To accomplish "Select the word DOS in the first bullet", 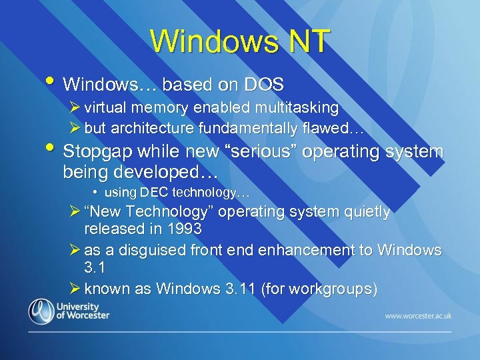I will point(264,85).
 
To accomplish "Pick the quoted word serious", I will point(271,152).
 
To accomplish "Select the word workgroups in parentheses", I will point(337,289).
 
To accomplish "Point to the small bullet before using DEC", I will point(96,193).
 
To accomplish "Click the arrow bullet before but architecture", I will point(75,127).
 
